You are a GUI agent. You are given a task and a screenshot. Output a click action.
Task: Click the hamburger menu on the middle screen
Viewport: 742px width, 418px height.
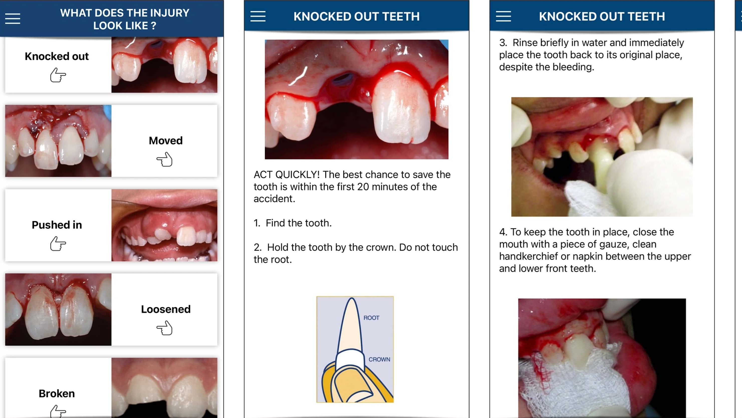[258, 17]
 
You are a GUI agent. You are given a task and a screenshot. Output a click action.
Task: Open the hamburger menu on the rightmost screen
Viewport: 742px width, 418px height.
[503, 17]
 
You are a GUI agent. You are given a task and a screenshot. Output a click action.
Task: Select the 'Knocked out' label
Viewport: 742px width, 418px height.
[57, 56]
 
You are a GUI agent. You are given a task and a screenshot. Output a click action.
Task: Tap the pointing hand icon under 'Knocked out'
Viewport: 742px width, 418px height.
[58, 75]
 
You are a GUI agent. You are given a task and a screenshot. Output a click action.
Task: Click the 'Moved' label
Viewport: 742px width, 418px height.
[166, 140]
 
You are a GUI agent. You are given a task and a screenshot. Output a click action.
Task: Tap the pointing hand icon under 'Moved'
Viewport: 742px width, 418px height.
[165, 159]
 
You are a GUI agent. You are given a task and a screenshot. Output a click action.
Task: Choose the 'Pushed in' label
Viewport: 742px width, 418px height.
[57, 225]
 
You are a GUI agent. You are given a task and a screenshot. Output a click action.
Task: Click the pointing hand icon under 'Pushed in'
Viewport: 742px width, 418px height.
[58, 243]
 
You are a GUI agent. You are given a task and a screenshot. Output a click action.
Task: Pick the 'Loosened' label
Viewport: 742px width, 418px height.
[166, 309]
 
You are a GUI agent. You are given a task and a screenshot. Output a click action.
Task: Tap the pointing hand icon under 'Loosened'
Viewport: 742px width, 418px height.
[165, 328]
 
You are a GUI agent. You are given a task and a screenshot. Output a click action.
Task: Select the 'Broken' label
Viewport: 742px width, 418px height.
[57, 393]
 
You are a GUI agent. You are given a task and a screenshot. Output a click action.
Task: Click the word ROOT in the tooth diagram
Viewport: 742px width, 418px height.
[371, 318]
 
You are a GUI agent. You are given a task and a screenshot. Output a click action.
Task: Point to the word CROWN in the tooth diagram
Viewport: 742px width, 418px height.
[379, 359]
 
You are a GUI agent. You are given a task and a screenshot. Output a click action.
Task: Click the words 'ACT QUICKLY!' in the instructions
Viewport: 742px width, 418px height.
[286, 175]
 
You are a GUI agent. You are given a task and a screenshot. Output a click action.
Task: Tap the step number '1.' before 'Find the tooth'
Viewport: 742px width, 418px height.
[257, 223]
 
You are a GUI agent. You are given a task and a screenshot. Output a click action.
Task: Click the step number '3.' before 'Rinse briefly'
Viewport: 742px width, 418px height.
[503, 43]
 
